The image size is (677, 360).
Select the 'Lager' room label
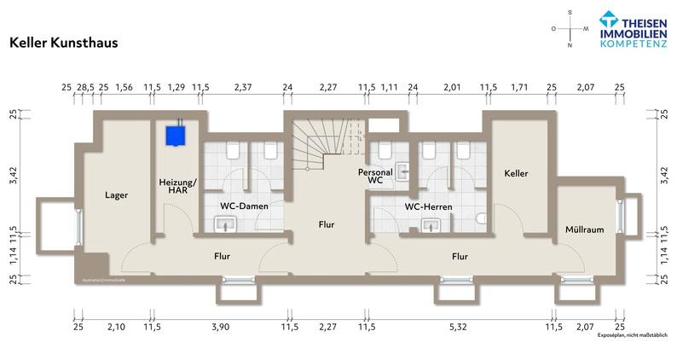click(x=116, y=195)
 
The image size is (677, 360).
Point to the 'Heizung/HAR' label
click(x=177, y=186)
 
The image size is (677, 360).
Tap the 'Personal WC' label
click(x=376, y=177)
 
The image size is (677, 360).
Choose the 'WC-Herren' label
click(x=428, y=206)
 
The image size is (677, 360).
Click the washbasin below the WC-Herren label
click(x=428, y=225)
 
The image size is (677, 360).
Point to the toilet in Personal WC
click(x=385, y=150)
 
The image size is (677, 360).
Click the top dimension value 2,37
click(x=243, y=87)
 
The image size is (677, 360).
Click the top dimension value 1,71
click(x=519, y=87)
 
